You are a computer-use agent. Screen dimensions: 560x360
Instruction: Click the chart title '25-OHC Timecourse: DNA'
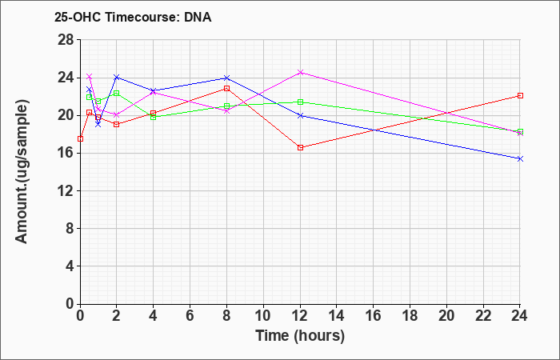point(133,17)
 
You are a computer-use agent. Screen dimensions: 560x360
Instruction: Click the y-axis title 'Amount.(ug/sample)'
point(22,172)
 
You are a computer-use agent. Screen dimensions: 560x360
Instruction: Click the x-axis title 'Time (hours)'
point(300,336)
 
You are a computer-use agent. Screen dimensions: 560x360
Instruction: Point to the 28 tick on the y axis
point(66,40)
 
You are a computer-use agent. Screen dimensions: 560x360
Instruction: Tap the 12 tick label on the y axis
point(66,190)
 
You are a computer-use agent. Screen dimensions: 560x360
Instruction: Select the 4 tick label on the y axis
point(70,266)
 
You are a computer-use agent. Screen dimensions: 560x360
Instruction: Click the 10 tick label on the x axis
point(263,315)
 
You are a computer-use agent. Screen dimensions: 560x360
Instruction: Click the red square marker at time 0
point(80,139)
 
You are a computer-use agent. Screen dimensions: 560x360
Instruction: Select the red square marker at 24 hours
point(520,95)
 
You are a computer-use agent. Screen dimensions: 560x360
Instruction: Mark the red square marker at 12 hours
point(300,147)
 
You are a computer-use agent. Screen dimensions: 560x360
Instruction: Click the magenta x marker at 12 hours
point(300,73)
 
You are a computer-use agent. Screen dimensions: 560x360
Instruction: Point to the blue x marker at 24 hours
point(520,158)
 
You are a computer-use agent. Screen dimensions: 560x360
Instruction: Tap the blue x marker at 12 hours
point(300,115)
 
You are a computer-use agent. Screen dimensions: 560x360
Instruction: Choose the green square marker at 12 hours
point(300,102)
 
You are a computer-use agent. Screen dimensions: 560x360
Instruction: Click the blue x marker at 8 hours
point(226,78)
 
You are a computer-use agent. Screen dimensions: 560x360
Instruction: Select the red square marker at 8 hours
point(226,88)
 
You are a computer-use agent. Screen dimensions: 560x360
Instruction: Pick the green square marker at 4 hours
point(154,117)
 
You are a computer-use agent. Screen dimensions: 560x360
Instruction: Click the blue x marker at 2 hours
point(117,77)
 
